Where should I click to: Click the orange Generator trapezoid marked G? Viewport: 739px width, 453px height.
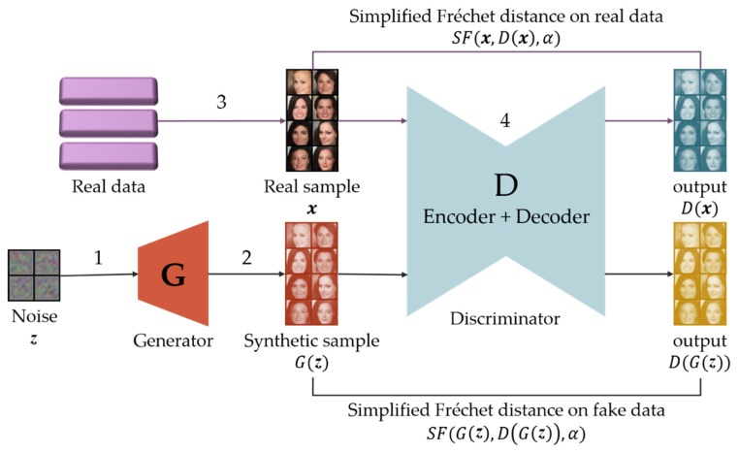tap(174, 275)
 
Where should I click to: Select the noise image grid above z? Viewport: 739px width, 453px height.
tap(34, 276)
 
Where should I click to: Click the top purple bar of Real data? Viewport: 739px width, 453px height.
tap(108, 90)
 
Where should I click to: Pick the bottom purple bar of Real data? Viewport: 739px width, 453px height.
tap(108, 154)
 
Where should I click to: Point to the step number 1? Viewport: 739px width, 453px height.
tap(98, 259)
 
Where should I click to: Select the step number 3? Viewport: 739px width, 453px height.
tap(222, 102)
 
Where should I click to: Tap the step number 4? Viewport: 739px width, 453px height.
tap(503, 122)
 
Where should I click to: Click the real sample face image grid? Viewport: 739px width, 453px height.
tap(312, 120)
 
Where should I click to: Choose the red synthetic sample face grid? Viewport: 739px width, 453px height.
tap(312, 275)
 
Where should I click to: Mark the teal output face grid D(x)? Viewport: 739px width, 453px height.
tap(700, 120)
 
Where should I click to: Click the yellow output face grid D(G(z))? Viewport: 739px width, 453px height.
tap(700, 275)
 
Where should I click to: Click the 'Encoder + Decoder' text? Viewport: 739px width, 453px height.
tap(505, 217)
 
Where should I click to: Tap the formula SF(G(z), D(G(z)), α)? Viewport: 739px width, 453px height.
tap(505, 431)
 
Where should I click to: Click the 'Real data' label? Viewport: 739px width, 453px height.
tap(109, 186)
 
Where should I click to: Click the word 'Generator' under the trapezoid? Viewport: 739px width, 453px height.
tap(174, 340)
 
